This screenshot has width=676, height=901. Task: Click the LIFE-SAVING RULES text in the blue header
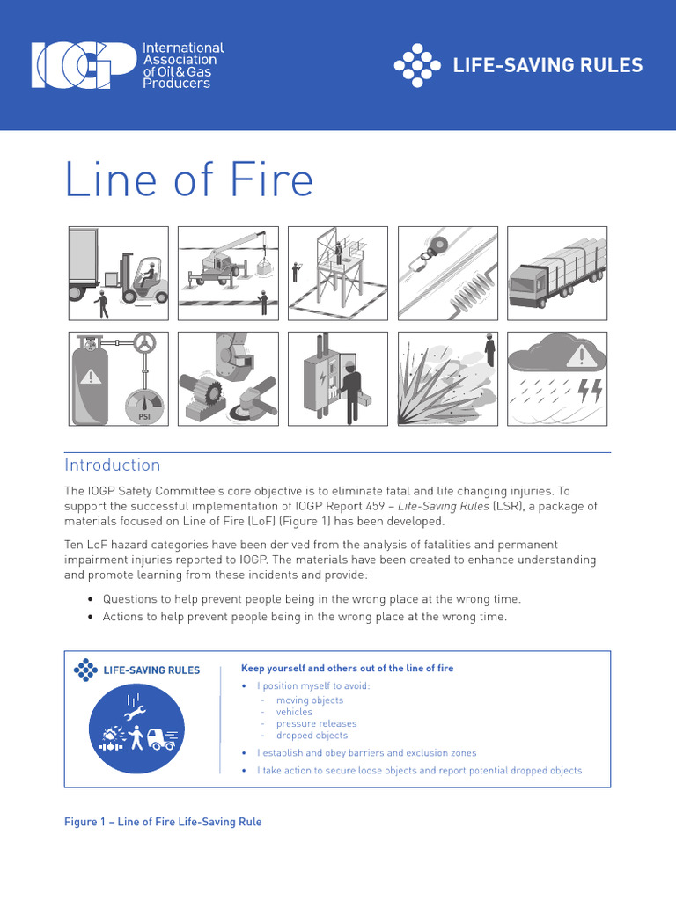[x=547, y=65]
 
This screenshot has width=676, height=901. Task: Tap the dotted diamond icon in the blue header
[x=416, y=66]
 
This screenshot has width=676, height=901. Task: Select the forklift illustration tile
[x=119, y=273]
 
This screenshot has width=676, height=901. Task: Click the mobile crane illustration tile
[x=228, y=273]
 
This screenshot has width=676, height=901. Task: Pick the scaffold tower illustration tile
[x=338, y=273]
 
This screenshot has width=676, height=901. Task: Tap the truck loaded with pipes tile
[x=557, y=273]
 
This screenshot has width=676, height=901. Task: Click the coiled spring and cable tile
[x=447, y=273]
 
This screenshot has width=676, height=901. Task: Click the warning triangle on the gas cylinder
[x=91, y=378]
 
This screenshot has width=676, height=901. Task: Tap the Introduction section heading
[x=113, y=465]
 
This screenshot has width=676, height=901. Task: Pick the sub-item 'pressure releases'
[x=316, y=724]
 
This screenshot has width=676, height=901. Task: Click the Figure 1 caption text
[x=163, y=822]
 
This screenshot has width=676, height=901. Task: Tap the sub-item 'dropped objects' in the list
[x=312, y=736]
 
